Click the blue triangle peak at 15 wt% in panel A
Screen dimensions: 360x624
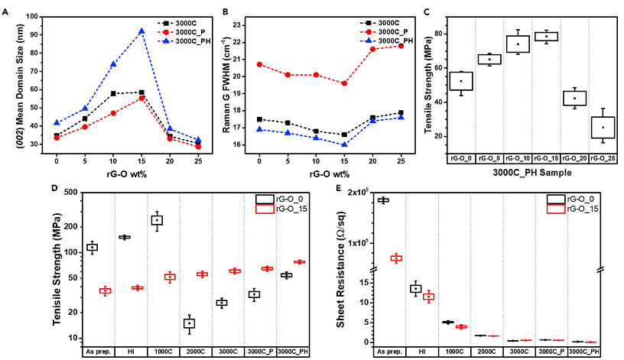pyautogui.click(x=141, y=31)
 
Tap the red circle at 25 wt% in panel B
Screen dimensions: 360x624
pyautogui.click(x=402, y=46)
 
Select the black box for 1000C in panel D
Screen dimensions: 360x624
pyautogui.click(x=158, y=220)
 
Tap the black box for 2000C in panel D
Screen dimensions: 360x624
pyautogui.click(x=189, y=323)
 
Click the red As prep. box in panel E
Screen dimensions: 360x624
pyautogui.click(x=396, y=258)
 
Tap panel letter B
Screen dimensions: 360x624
pyautogui.click(x=223, y=11)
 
